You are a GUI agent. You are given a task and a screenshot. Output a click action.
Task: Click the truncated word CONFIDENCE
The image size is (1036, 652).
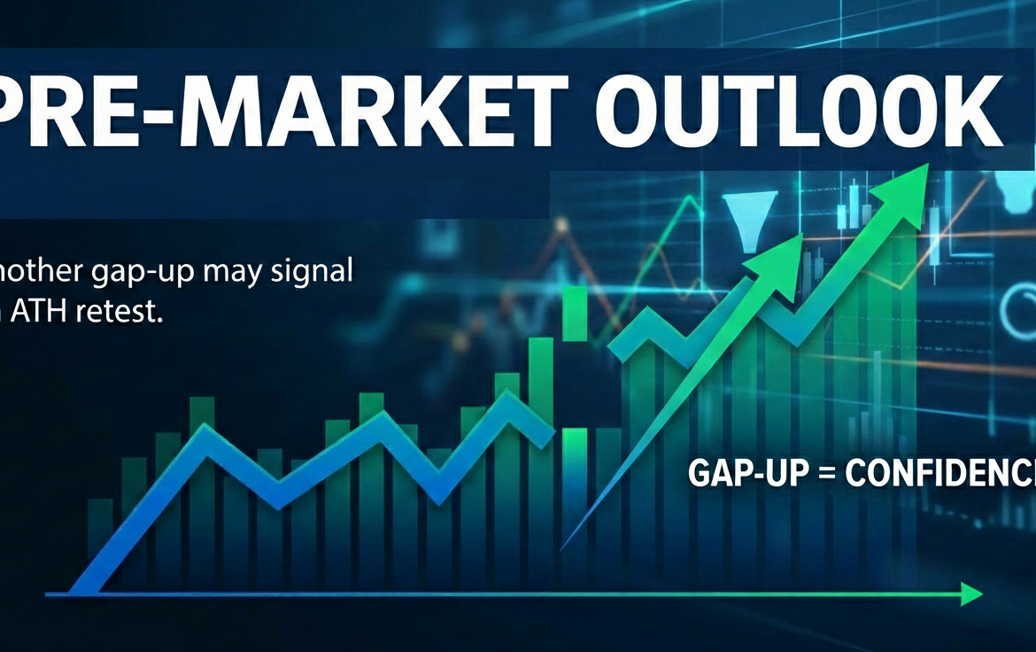[x=939, y=474]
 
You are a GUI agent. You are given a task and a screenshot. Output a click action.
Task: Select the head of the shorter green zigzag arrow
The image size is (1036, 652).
[x=785, y=248]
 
